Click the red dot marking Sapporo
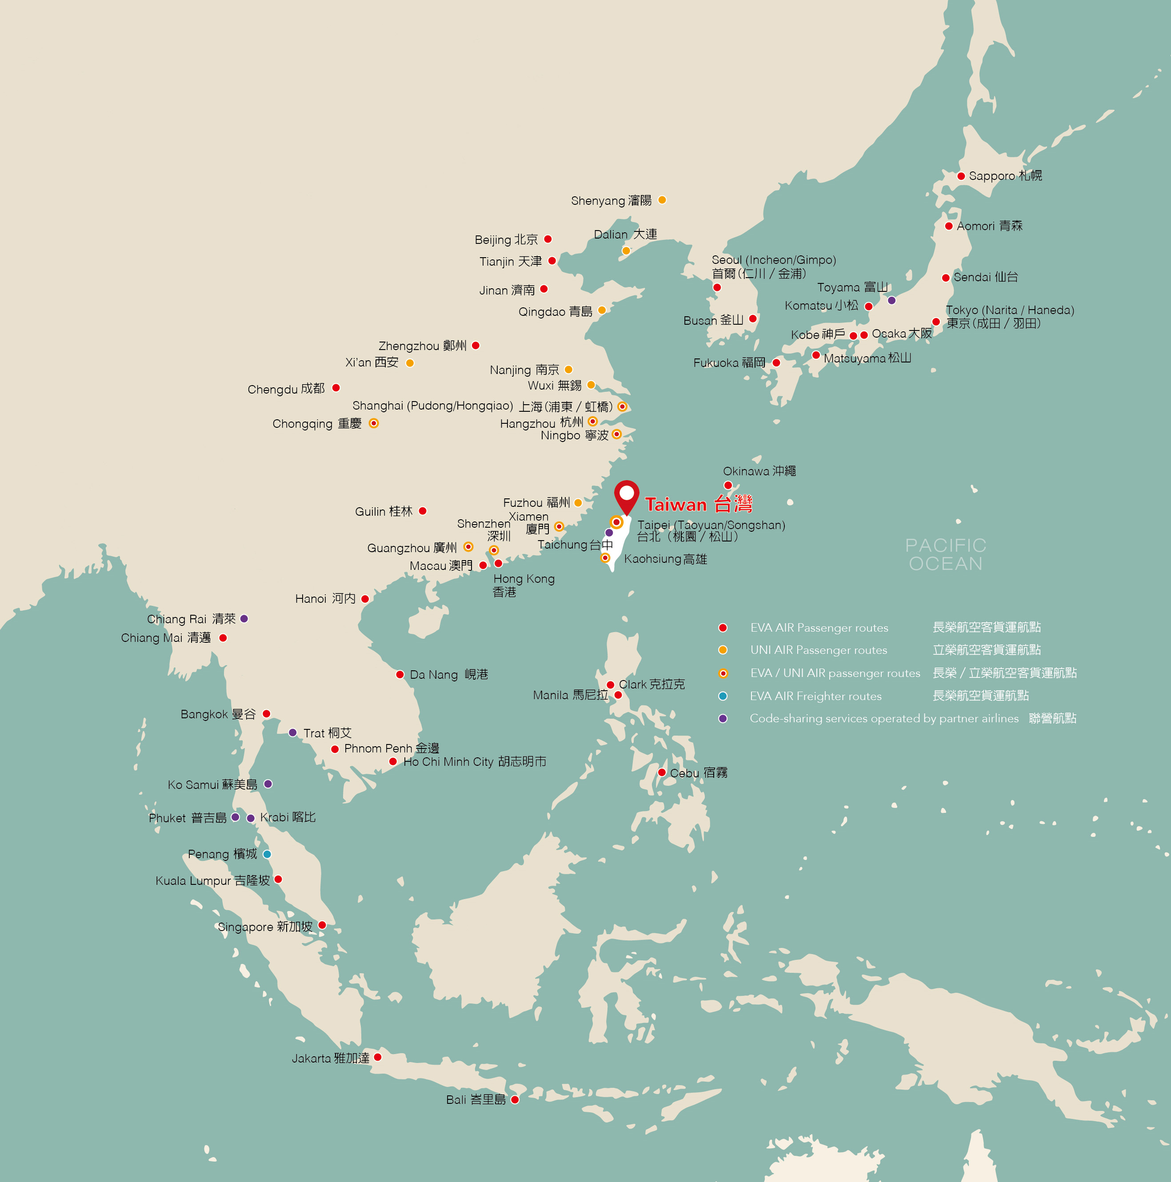point(961,176)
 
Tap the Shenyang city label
point(611,201)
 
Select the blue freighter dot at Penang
point(267,854)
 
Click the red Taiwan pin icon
point(626,496)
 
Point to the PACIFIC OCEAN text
point(946,554)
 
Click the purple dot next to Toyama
point(891,300)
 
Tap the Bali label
point(476,1100)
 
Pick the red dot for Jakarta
point(378,1057)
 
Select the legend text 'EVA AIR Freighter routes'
point(815,696)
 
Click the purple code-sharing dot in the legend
point(723,719)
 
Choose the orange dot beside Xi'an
point(410,363)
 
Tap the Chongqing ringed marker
point(373,423)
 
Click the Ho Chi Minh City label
point(474,762)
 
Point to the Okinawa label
point(759,471)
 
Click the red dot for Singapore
point(322,925)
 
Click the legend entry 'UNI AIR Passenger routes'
point(819,650)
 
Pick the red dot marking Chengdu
point(336,388)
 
